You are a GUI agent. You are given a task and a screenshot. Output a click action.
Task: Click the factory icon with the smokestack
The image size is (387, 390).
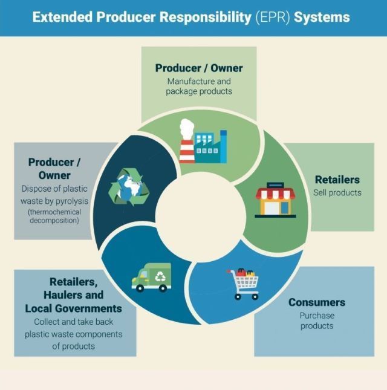pos(202,141)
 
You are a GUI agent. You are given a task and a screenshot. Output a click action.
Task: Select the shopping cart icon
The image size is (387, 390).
pos(244,283)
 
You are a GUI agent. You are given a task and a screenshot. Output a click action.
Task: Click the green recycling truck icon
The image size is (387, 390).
pos(151,278)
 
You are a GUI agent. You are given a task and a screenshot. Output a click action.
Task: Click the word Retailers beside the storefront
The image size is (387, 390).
pos(337,180)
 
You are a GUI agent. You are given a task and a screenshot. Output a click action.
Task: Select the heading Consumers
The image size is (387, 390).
pos(317,302)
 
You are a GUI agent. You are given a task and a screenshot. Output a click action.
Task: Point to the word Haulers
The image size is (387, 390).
pos(64,295)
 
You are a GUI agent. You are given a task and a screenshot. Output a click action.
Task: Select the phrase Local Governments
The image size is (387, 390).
pos(73,308)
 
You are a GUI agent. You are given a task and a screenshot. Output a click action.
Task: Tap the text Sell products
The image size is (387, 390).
pos(337,193)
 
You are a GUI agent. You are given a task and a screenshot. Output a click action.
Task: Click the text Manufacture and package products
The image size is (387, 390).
pos(198,86)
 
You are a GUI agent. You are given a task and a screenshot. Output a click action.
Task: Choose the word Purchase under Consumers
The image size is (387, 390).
pos(317,315)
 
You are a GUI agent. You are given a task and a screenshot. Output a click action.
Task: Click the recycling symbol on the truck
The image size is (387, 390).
pos(161,276)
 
